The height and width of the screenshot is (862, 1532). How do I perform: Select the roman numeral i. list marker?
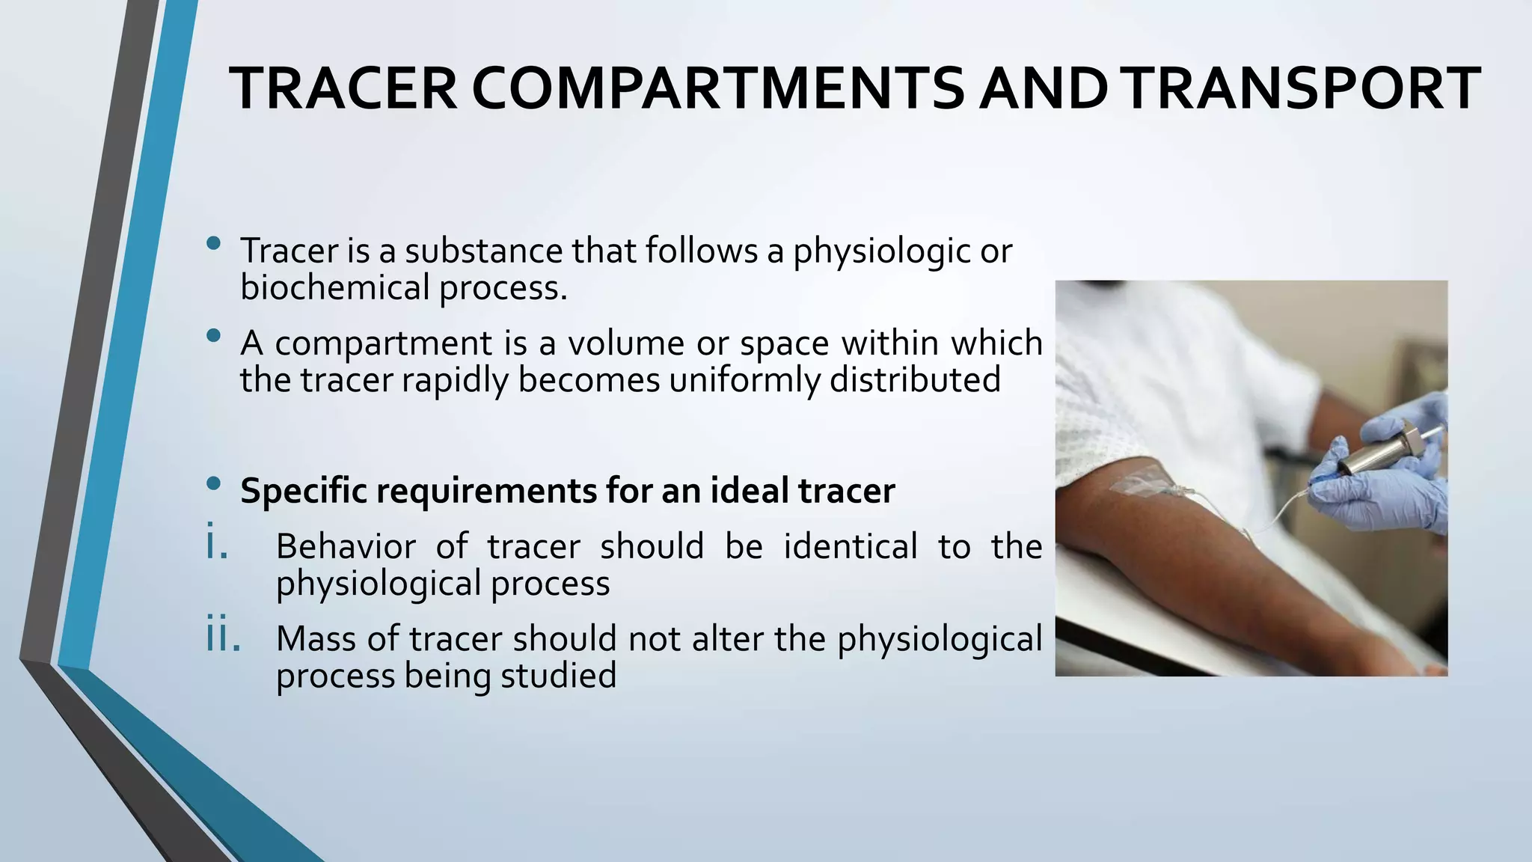click(x=216, y=543)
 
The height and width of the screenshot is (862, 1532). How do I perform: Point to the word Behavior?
click(x=346, y=546)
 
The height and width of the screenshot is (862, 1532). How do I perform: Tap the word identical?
click(x=851, y=546)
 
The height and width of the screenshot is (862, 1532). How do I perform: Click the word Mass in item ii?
click(x=315, y=639)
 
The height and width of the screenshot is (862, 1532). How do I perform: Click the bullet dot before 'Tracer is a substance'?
click(x=214, y=243)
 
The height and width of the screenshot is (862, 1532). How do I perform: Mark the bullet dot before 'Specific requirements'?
click(x=214, y=484)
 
